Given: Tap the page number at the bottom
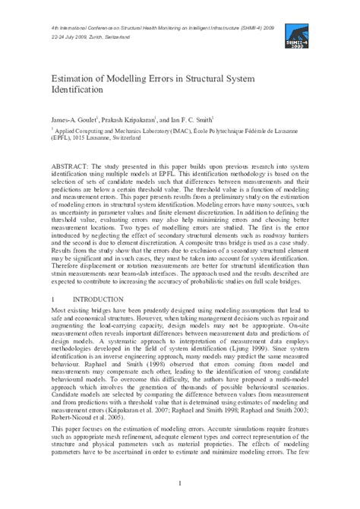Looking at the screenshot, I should tap(179, 485).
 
